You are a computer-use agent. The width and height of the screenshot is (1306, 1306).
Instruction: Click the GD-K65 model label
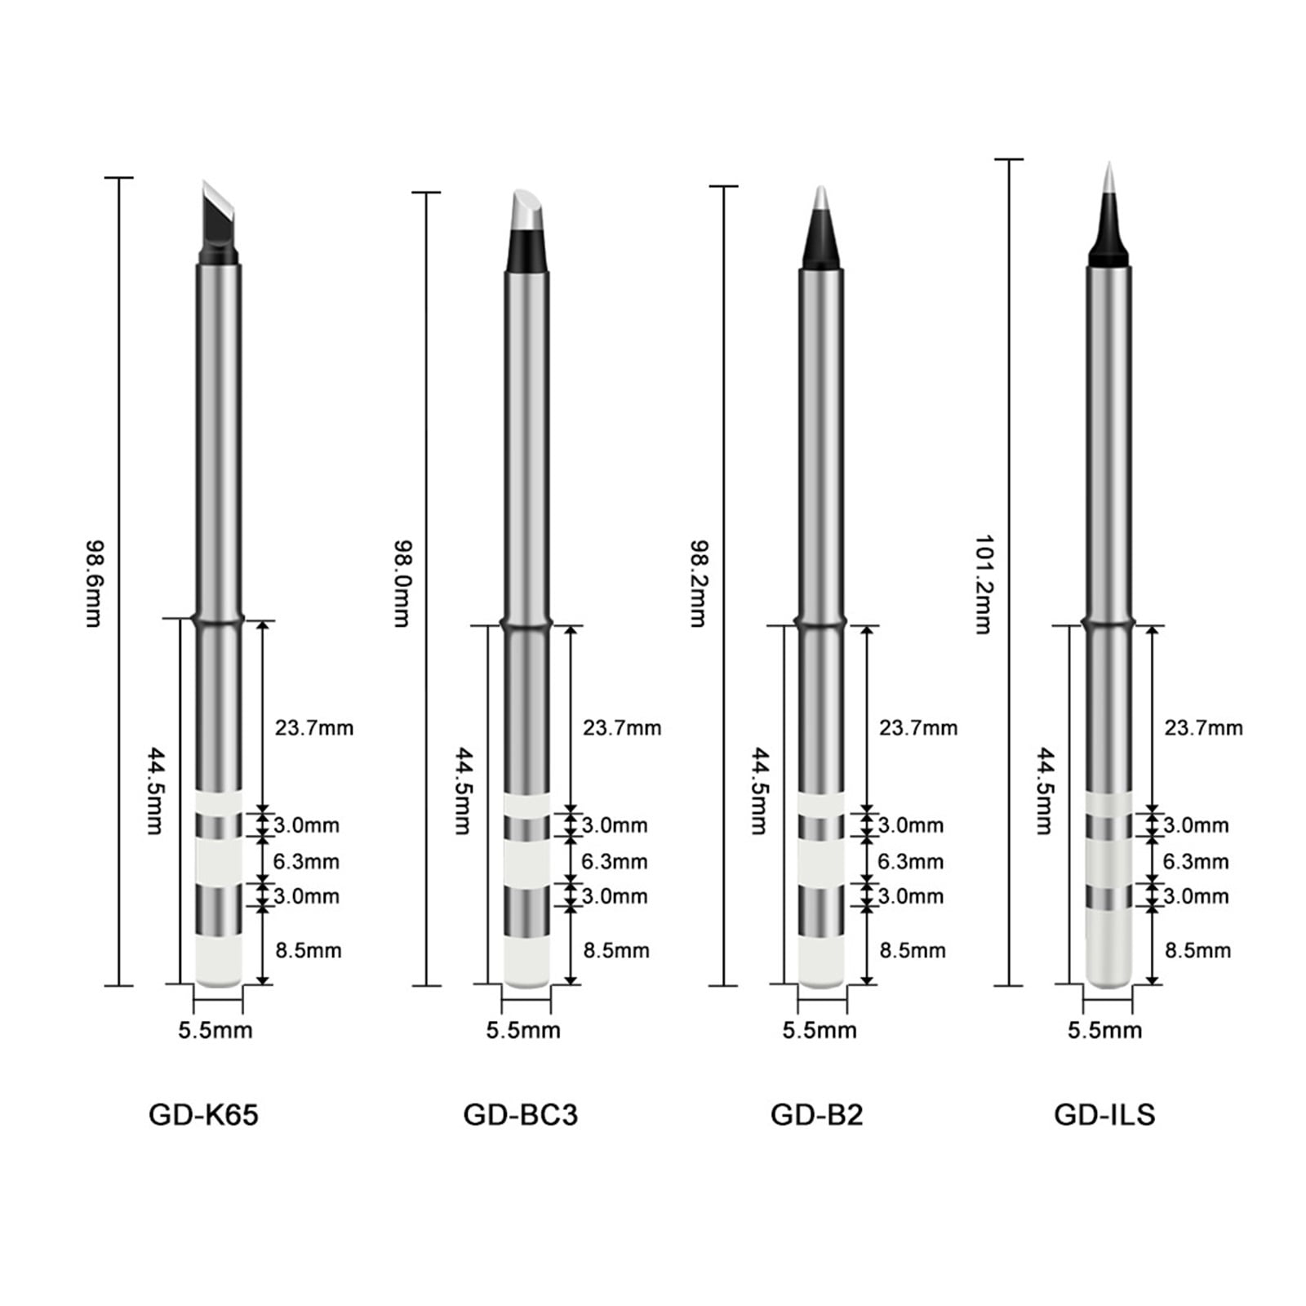(203, 1114)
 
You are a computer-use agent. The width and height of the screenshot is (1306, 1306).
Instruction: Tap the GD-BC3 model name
(520, 1114)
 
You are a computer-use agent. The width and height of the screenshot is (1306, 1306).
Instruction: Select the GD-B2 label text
(816, 1114)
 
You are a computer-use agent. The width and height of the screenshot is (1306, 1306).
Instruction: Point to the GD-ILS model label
(1104, 1114)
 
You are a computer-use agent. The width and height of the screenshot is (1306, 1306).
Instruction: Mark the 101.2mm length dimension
(984, 584)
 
